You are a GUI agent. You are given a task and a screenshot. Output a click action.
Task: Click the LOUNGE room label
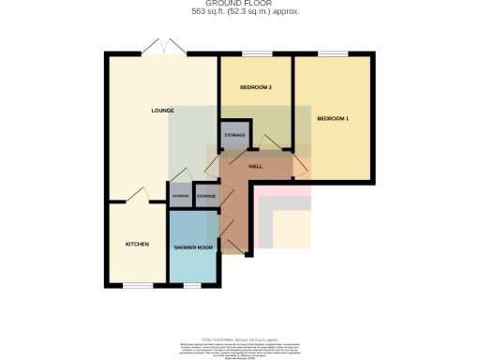[162, 111]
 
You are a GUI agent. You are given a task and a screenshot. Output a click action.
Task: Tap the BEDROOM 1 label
[333, 119]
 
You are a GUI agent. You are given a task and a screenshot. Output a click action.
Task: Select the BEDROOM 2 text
[256, 87]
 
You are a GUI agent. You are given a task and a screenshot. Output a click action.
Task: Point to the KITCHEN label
[137, 244]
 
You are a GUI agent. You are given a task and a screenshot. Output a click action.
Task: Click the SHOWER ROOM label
[194, 247]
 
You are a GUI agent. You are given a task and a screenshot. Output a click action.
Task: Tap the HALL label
[255, 165]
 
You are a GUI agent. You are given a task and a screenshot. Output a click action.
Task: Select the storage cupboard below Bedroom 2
[235, 136]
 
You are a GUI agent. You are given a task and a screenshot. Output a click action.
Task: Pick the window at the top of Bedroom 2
[255, 54]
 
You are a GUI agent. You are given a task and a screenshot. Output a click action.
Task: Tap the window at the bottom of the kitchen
[137, 285]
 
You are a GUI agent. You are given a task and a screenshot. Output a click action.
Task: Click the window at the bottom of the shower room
[194, 285]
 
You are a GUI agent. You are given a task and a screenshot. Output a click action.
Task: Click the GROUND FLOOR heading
[240, 5]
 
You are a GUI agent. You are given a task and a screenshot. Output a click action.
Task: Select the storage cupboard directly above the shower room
[205, 196]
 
